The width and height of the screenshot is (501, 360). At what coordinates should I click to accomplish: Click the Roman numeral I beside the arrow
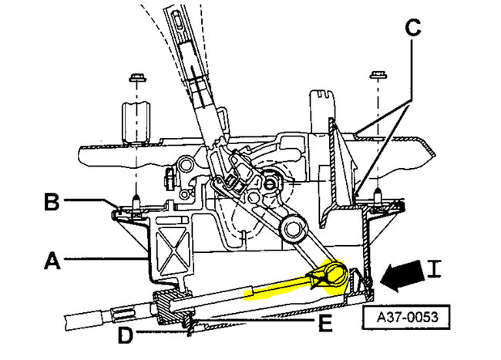(x=435, y=270)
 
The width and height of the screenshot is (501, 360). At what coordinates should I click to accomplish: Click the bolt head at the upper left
(x=136, y=79)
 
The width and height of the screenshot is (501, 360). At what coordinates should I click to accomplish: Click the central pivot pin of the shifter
(x=272, y=184)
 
